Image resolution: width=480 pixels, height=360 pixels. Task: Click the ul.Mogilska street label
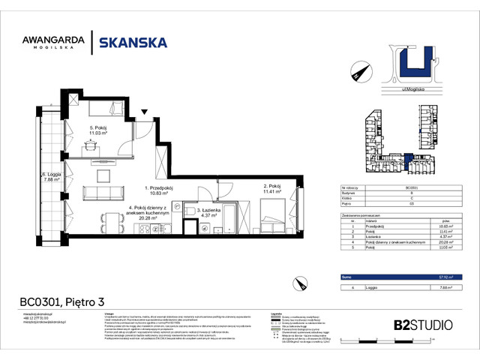[x=406, y=89]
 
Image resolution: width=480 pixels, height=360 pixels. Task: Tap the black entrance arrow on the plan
[x=145, y=114]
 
